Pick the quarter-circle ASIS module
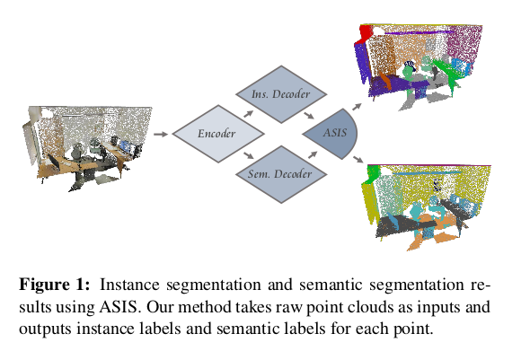tap(333, 133)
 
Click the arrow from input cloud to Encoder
tap(161, 134)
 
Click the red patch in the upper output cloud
tap(366, 34)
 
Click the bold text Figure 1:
tap(54, 285)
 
